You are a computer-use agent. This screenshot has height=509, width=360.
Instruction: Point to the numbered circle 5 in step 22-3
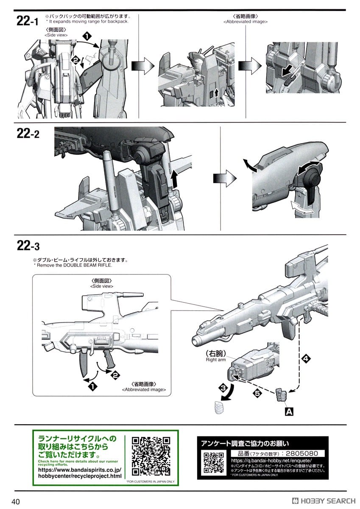coord(257,394)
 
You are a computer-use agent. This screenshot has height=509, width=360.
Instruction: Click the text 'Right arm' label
coord(216,360)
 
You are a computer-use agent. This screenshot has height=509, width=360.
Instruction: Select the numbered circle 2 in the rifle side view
coord(114,374)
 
